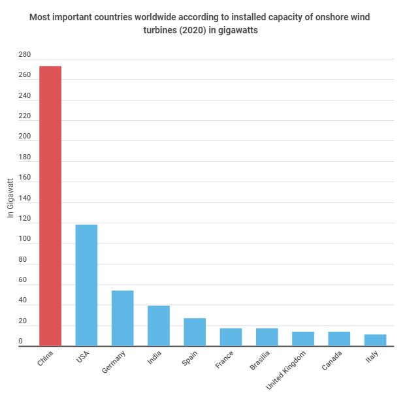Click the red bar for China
(x=50, y=206)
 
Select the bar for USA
(x=86, y=285)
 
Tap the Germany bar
(x=122, y=318)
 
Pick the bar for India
(x=158, y=326)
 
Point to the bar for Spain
(x=195, y=332)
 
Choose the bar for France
(x=231, y=337)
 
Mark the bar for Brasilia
(x=267, y=337)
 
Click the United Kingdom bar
(x=302, y=339)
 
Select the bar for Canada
(x=339, y=339)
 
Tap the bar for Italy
(x=375, y=340)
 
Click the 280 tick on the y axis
(x=24, y=55)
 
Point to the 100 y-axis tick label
(x=24, y=240)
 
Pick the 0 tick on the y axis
(x=23, y=341)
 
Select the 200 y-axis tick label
(x=24, y=136)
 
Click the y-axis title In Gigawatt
(x=10, y=198)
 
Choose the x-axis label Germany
(x=114, y=362)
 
